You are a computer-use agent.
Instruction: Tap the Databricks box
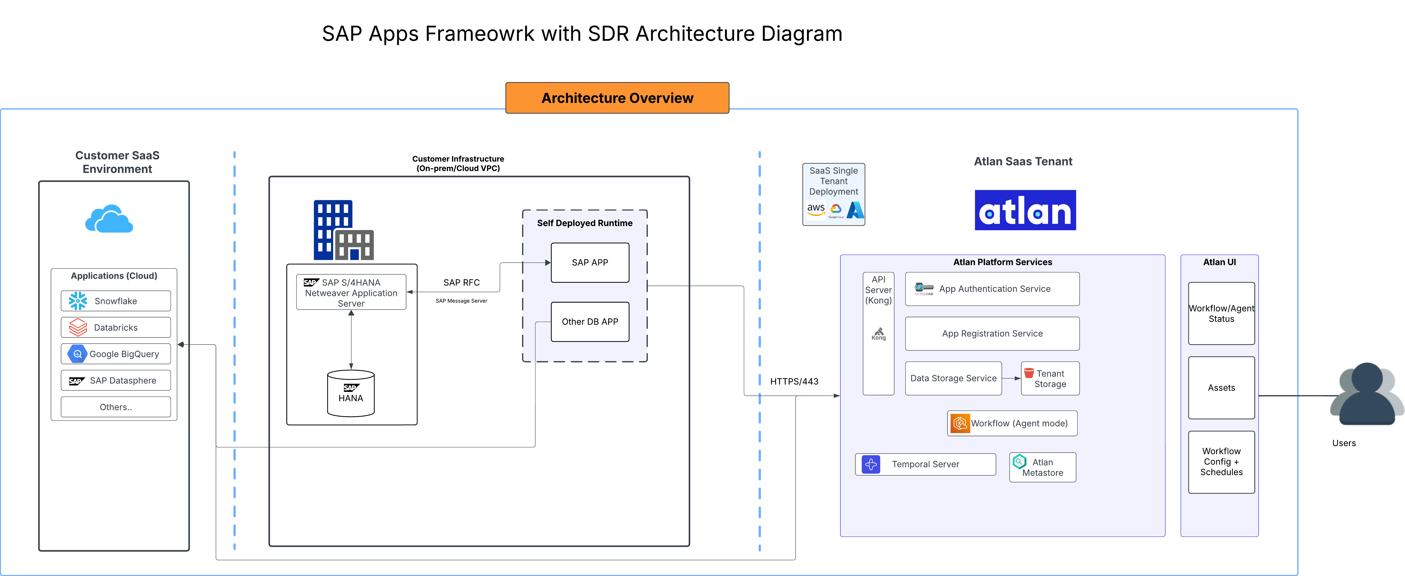(116, 327)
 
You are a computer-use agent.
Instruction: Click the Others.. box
(116, 407)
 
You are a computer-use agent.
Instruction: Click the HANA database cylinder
(351, 394)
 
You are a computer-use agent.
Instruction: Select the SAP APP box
(590, 262)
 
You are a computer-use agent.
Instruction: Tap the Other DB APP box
(590, 322)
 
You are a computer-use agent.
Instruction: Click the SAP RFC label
(461, 283)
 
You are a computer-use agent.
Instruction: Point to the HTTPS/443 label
(794, 381)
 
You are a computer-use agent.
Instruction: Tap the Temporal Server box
(925, 464)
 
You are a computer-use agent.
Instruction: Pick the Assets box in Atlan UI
(1221, 388)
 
